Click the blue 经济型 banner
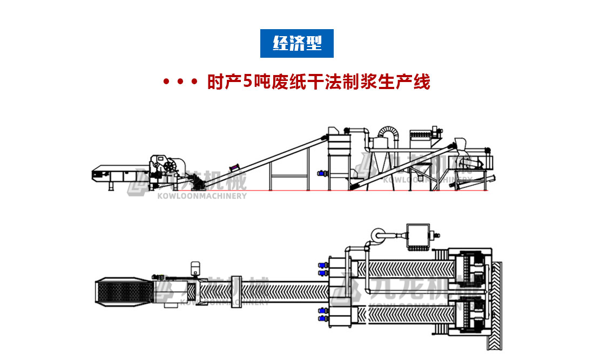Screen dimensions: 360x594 pyautogui.click(x=297, y=43)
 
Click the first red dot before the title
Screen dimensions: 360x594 pyautogui.click(x=167, y=83)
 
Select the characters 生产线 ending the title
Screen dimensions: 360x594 pyautogui.click(x=407, y=83)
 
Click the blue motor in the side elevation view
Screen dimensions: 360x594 pyautogui.click(x=323, y=173)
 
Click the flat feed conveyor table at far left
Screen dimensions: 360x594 pyautogui.click(x=116, y=173)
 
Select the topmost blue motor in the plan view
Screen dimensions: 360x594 pyautogui.click(x=323, y=264)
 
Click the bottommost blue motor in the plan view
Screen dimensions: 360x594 pyautogui.click(x=323, y=320)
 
